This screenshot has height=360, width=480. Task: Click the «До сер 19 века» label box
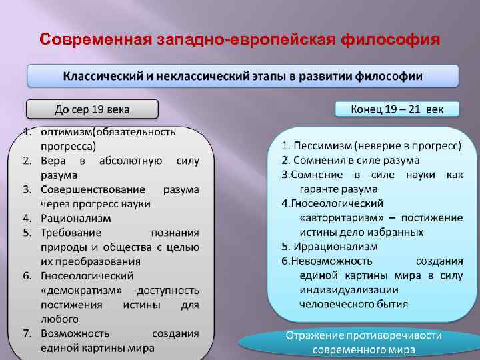pos(92,109)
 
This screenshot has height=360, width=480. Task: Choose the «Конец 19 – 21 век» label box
pos(396,109)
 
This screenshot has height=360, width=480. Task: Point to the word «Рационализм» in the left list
pos(76,218)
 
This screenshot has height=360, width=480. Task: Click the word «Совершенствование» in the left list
pos(93,189)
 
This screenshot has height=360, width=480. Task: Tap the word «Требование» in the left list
pos(71,233)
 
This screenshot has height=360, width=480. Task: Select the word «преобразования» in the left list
pos(99,261)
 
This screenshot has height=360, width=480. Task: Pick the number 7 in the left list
pos(29,333)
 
